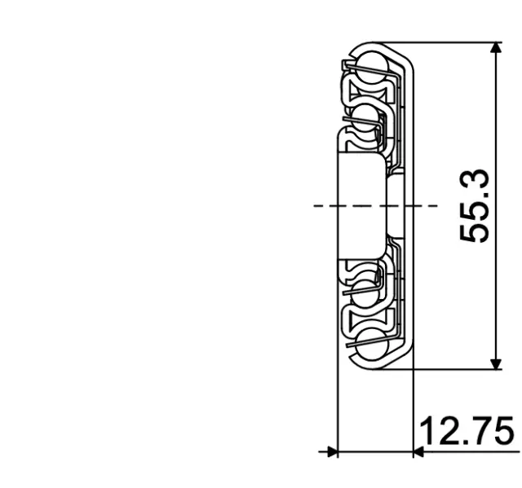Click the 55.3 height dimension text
click(475, 206)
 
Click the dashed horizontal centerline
click(326, 205)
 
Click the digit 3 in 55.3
click(475, 180)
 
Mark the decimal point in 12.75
click(467, 442)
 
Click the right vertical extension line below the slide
click(414, 407)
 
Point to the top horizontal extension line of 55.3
click(449, 42)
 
